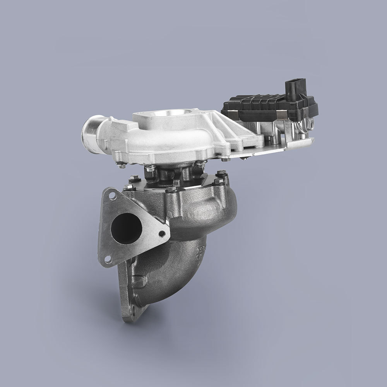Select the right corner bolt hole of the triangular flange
163,233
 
